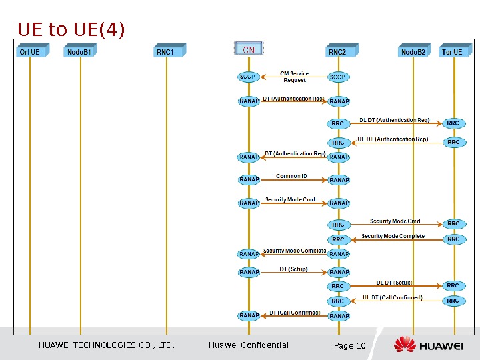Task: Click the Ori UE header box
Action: click(30, 51)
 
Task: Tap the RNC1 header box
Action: click(166, 51)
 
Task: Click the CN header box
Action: click(248, 49)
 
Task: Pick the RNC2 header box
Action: click(338, 51)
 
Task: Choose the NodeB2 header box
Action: click(413, 51)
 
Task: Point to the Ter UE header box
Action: click(452, 51)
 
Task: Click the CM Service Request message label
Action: click(294, 77)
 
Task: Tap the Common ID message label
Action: click(291, 176)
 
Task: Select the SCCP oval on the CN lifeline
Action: click(248, 77)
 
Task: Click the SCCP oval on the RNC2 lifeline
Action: click(339, 77)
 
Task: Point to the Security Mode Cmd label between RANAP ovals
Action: click(290, 199)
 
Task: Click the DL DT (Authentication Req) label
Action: click(394, 120)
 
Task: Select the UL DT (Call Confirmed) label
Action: click(392, 297)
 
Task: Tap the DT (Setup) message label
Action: click(293, 269)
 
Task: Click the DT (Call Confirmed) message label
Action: click(295, 313)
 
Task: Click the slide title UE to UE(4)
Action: click(71, 30)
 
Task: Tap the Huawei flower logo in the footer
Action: click(404, 345)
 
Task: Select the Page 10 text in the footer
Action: click(349, 345)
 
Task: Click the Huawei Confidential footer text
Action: click(249, 345)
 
